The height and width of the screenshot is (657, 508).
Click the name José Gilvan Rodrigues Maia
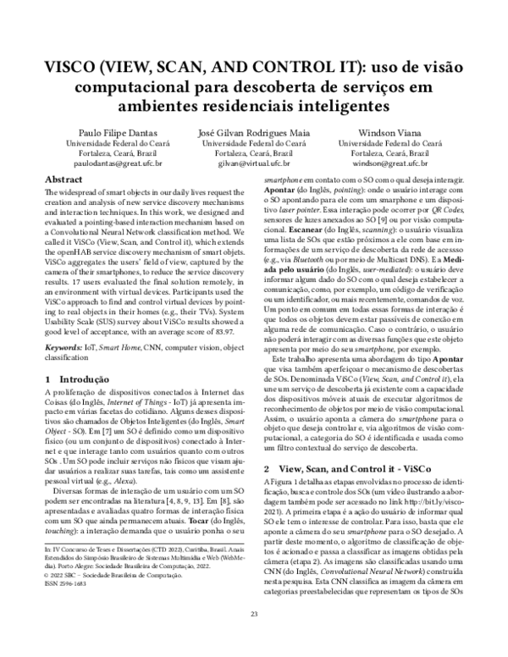click(x=254, y=134)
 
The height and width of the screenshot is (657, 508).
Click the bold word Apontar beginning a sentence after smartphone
click(x=284, y=192)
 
